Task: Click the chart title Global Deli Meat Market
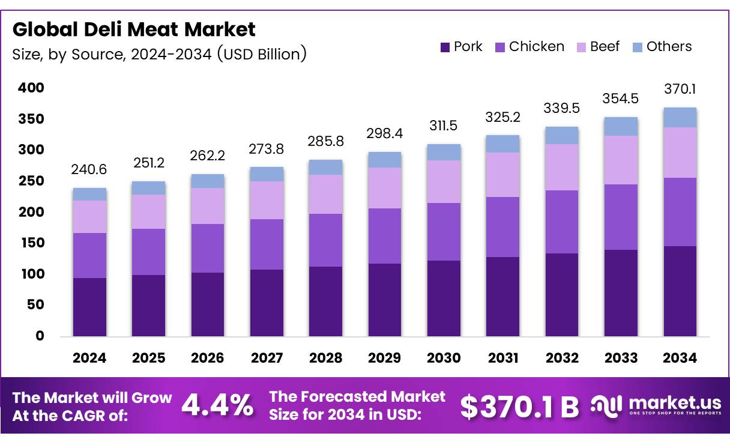134,29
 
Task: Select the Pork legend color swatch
445,47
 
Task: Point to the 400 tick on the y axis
31,88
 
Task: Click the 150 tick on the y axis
31,243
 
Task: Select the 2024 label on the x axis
89,358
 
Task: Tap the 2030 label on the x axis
444,358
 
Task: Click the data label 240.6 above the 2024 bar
89,170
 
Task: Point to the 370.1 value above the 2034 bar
680,89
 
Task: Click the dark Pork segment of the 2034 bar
680,291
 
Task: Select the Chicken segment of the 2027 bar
267,244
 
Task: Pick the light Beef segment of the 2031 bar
503,175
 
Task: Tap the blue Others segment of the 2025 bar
148,188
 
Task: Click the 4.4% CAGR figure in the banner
217,406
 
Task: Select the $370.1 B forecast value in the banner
519,407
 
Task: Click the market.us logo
656,406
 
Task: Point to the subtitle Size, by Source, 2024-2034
160,54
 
